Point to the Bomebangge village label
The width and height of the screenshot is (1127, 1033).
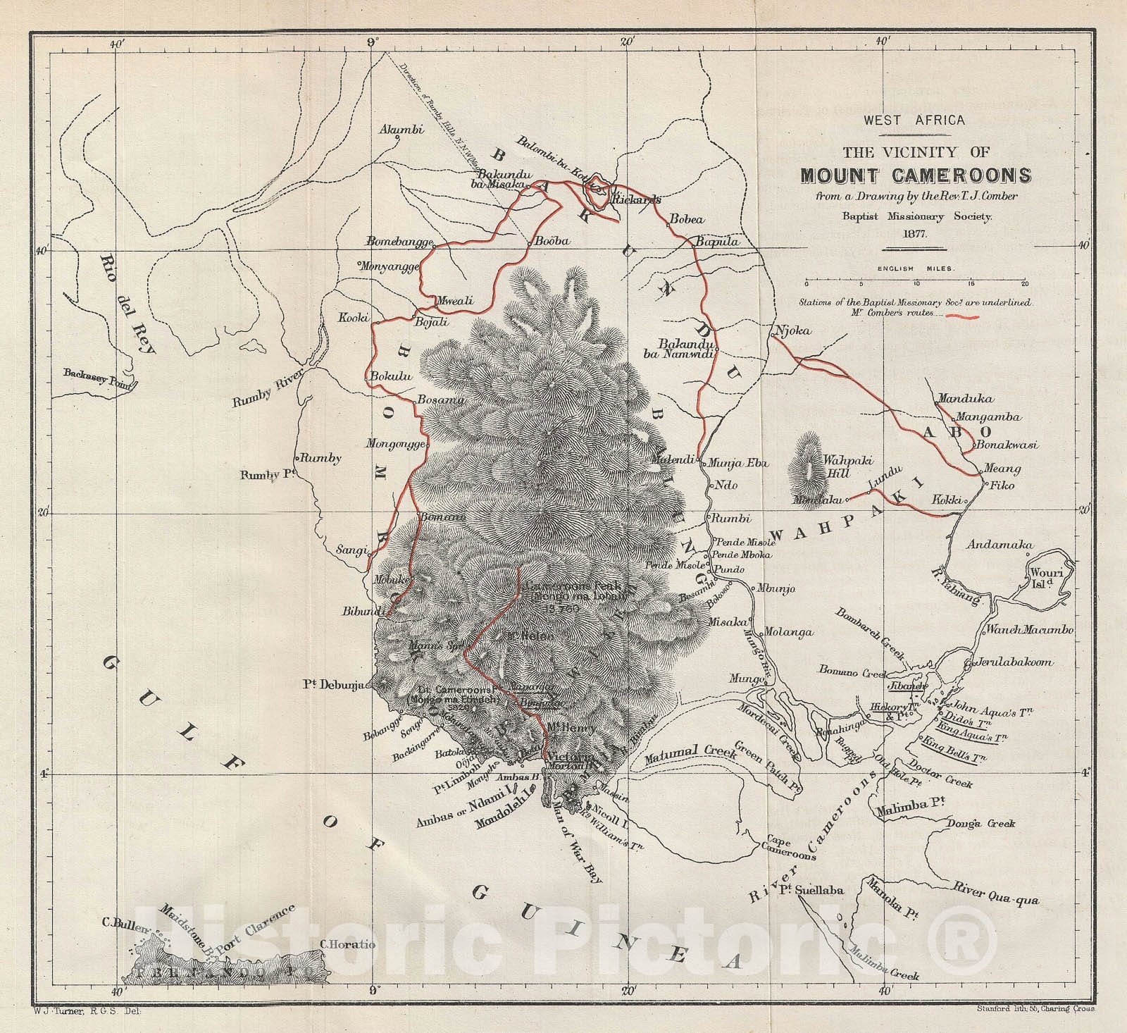(399, 242)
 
